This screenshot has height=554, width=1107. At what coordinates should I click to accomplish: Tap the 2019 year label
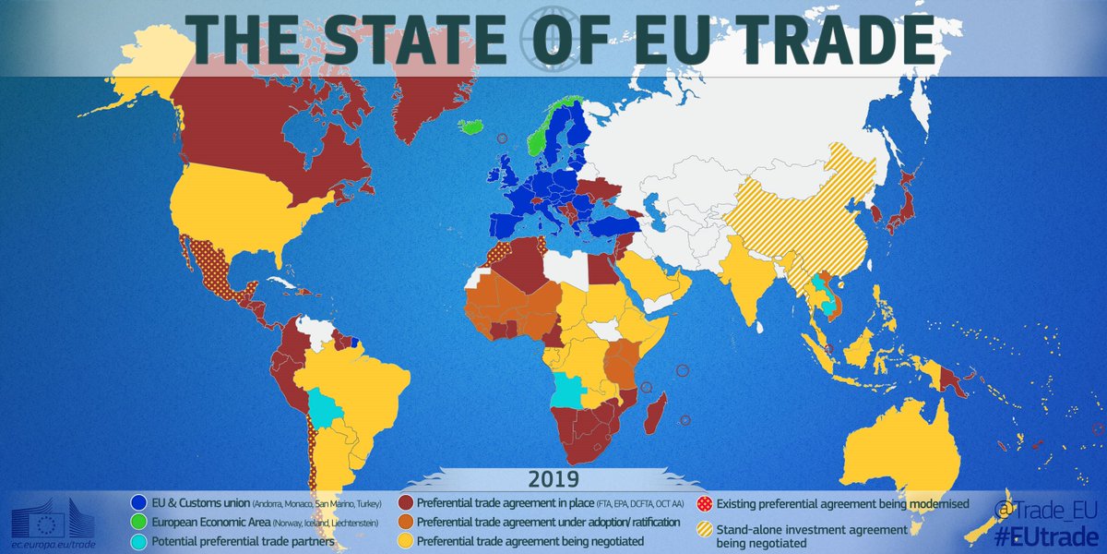tap(553, 480)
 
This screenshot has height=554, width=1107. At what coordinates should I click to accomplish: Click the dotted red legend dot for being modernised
tap(703, 503)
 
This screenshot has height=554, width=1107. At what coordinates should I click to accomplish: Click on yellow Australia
tap(895, 452)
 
